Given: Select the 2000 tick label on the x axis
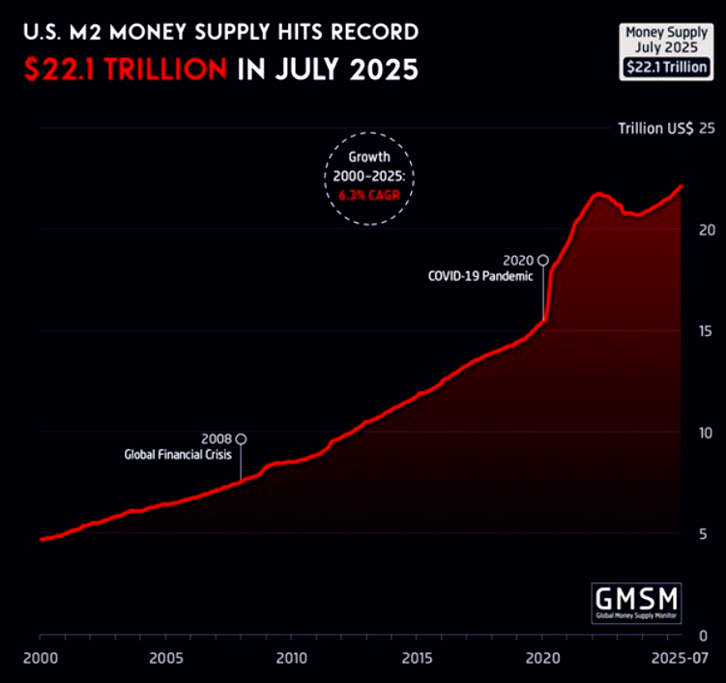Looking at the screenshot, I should [40, 657].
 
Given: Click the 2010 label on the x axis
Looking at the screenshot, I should [291, 657].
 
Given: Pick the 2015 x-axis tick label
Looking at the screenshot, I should [417, 657].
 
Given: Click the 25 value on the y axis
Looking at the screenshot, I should [706, 128].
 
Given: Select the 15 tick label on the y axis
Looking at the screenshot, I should [706, 330].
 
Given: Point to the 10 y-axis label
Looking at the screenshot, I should [706, 432].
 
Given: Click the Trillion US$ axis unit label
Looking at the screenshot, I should [655, 128].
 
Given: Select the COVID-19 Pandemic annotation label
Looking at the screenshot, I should [479, 275].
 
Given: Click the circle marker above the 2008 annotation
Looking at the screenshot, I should [241, 439].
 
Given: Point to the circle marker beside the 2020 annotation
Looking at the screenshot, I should [543, 260].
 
